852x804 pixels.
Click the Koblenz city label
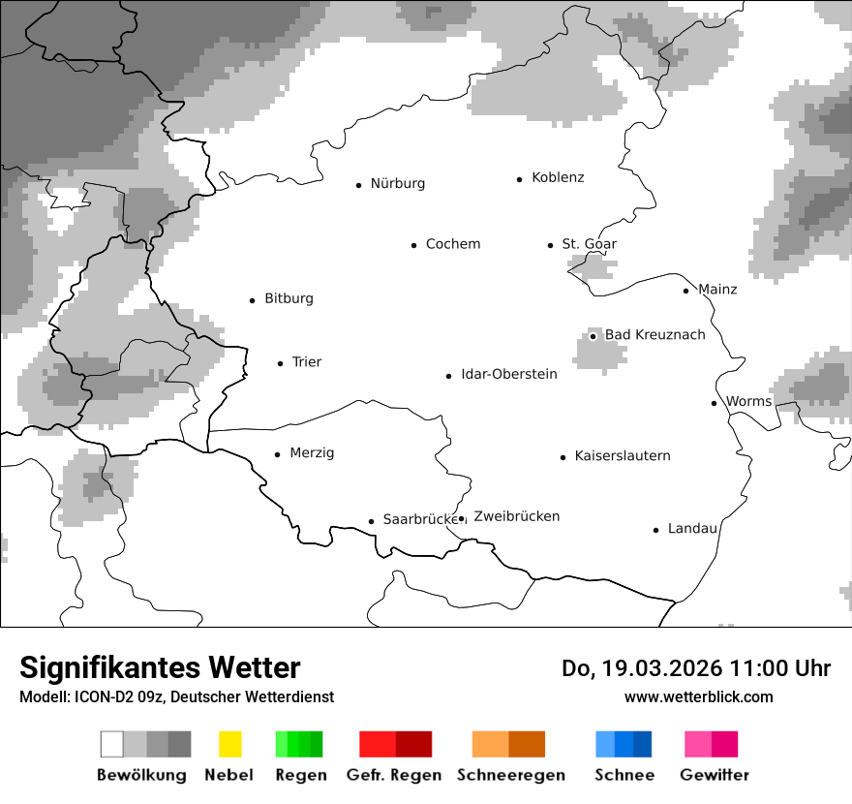point(558,177)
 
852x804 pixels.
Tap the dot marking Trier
point(281,363)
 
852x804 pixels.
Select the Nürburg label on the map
point(397,183)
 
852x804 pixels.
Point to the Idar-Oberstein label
point(509,374)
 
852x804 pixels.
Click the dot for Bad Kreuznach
point(593,336)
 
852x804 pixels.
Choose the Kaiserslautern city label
point(623,455)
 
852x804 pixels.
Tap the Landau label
point(692,528)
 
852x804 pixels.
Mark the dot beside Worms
point(715,403)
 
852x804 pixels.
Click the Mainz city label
point(717,289)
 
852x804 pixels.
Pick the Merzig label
point(312,452)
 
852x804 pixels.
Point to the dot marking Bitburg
point(253,300)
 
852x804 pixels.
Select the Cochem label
point(453,244)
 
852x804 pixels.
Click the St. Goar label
point(590,244)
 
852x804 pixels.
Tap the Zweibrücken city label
point(517,516)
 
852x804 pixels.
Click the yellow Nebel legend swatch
point(229,744)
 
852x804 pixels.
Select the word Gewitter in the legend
point(715,775)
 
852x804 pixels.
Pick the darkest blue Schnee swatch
point(643,744)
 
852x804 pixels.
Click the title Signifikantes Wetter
point(160,667)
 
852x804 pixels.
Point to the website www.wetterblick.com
point(699,696)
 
